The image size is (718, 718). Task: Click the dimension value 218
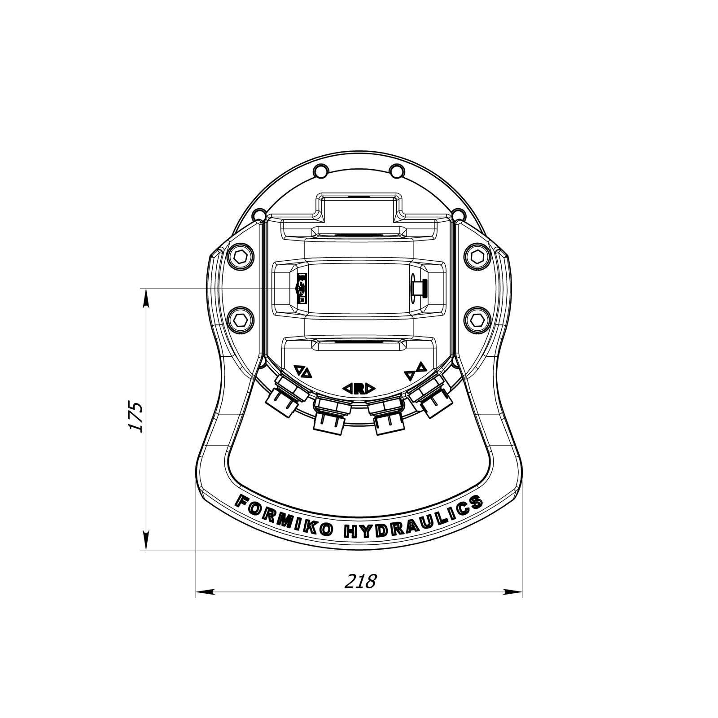click(360, 581)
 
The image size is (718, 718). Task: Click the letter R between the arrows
click(359, 388)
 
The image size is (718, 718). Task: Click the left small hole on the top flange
click(320, 171)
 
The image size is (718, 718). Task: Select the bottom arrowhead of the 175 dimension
click(145, 541)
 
